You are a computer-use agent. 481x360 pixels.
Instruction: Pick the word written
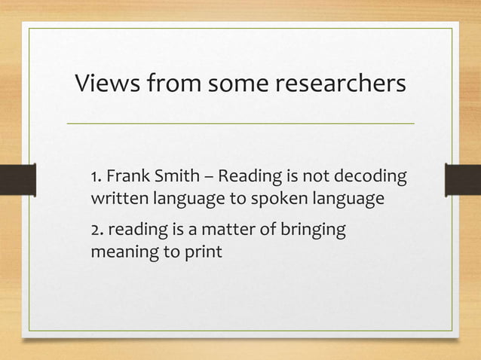coord(118,200)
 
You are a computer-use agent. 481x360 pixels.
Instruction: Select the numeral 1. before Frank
coord(96,178)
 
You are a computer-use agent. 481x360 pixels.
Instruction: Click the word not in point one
coord(315,178)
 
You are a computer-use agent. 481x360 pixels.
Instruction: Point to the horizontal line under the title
coord(240,123)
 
